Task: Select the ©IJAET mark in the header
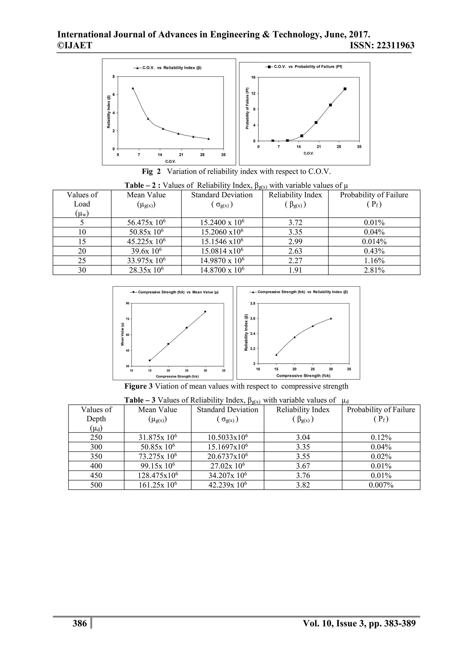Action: tap(75, 46)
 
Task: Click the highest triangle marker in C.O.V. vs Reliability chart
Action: tap(133, 88)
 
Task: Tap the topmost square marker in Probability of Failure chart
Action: tap(345, 89)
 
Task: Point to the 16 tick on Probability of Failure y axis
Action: tap(253, 77)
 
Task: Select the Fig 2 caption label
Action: tap(151, 171)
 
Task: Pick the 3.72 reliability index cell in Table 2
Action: tap(295, 223)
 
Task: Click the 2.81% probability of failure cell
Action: tap(374, 270)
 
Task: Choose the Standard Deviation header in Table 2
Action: tap(222, 195)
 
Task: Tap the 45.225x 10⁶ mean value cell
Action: tap(146, 242)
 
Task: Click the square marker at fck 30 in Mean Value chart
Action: tap(205, 312)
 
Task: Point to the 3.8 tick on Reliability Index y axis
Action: tap(252, 303)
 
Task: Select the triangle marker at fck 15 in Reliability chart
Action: tap(276, 355)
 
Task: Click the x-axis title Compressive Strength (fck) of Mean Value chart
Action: tap(177, 376)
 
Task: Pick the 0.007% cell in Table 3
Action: tap(381, 485)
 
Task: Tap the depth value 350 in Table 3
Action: tap(96, 456)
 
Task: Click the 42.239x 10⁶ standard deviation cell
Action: tap(227, 485)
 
